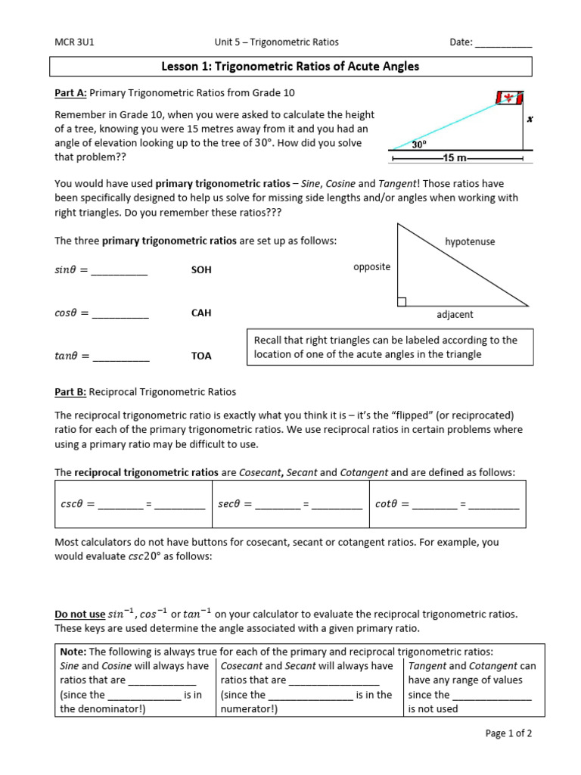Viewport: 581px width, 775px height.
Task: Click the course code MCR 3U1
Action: point(74,42)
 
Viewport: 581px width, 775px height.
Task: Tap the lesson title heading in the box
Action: point(290,67)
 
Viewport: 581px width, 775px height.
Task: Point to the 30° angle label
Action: point(419,143)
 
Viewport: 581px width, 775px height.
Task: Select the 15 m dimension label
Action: point(455,158)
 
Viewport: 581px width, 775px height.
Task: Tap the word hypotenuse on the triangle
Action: point(470,241)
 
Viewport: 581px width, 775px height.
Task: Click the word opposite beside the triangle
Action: point(371,266)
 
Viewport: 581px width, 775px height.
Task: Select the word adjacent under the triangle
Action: point(455,314)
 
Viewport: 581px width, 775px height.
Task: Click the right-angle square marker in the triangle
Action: point(402,302)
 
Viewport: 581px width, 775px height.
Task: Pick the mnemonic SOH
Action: point(201,270)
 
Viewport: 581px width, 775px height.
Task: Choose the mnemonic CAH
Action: point(201,313)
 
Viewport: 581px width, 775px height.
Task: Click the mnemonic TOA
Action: point(201,356)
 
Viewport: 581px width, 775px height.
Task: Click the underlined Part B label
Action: point(70,392)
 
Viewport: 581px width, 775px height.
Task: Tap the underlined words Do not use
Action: point(79,614)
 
